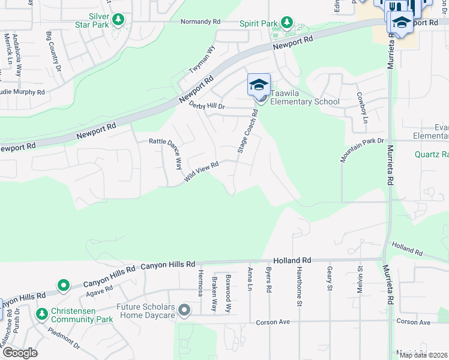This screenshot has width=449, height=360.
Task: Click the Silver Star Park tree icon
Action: coord(118,20)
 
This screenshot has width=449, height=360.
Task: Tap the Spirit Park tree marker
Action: coord(287,23)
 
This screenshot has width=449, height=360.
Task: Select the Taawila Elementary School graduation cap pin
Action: coord(259,85)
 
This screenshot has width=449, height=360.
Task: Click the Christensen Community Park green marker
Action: coord(41,314)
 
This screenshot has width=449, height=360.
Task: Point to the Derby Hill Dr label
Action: coord(206,106)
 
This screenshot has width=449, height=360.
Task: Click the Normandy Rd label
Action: coord(200,22)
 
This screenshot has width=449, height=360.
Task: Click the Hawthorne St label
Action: coord(298,287)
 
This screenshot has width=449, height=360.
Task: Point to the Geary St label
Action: coord(330,280)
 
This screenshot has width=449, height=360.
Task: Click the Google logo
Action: coord(20,352)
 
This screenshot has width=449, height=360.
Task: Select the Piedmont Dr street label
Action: coord(64,338)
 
